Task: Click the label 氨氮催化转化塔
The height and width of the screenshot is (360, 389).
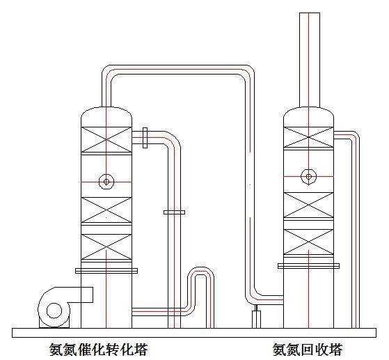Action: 99,350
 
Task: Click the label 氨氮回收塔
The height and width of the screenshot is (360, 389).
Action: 308,350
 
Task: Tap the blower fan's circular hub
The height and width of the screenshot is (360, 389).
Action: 54,311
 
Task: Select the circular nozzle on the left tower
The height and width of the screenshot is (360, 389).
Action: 106,182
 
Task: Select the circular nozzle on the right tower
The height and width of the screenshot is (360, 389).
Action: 308,177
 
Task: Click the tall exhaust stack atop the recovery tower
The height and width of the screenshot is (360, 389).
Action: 310,60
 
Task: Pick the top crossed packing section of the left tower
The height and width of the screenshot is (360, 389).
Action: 106,139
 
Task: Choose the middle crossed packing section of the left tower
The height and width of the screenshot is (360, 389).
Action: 106,210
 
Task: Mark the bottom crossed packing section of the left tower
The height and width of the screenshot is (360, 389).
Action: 106,246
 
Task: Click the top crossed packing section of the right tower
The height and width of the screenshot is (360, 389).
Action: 308,137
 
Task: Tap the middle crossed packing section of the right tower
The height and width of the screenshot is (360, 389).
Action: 308,205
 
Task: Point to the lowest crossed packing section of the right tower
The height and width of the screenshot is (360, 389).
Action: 308,242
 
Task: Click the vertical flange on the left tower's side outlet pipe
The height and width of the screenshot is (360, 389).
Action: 145,138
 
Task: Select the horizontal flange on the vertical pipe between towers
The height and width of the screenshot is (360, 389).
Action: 174,212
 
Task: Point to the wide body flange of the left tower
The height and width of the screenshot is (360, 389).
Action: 106,271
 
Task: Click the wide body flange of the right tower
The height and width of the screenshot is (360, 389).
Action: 308,266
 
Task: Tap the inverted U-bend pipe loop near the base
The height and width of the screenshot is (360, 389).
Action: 201,267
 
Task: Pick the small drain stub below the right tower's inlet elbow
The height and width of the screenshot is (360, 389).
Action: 256,319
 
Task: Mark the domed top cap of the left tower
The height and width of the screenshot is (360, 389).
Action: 106,117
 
